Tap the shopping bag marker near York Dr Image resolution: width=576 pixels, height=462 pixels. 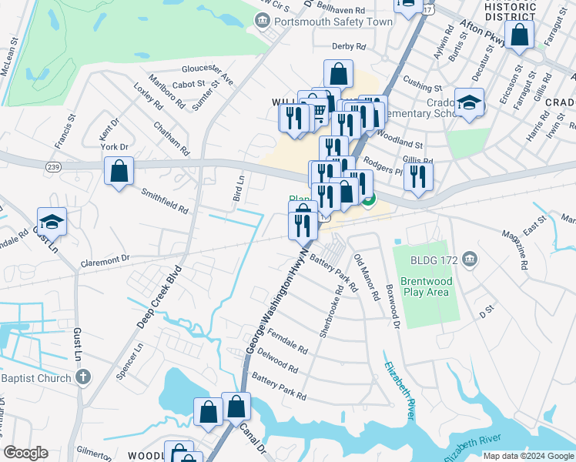pyautogui.click(x=119, y=172)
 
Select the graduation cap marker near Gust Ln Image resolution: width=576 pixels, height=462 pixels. pyautogui.click(x=52, y=222)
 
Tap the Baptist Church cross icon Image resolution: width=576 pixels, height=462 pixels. pyautogui.click(x=84, y=377)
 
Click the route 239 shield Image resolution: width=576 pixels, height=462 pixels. pyautogui.click(x=52, y=166)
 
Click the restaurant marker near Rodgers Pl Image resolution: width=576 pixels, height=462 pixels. pyautogui.click(x=417, y=176)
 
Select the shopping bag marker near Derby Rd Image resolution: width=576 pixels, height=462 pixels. pyautogui.click(x=338, y=75)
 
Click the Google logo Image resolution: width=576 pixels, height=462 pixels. pyautogui.click(x=26, y=453)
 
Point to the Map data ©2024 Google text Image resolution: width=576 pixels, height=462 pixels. pyautogui.click(x=527, y=456)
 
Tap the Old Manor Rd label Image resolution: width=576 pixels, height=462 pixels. pyautogui.click(x=367, y=277)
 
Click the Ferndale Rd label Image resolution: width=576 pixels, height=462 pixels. pyautogui.click(x=288, y=343)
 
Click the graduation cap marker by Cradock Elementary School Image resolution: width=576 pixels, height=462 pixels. pyautogui.click(x=469, y=104)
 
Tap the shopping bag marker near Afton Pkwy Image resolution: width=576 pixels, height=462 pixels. pyautogui.click(x=520, y=35)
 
